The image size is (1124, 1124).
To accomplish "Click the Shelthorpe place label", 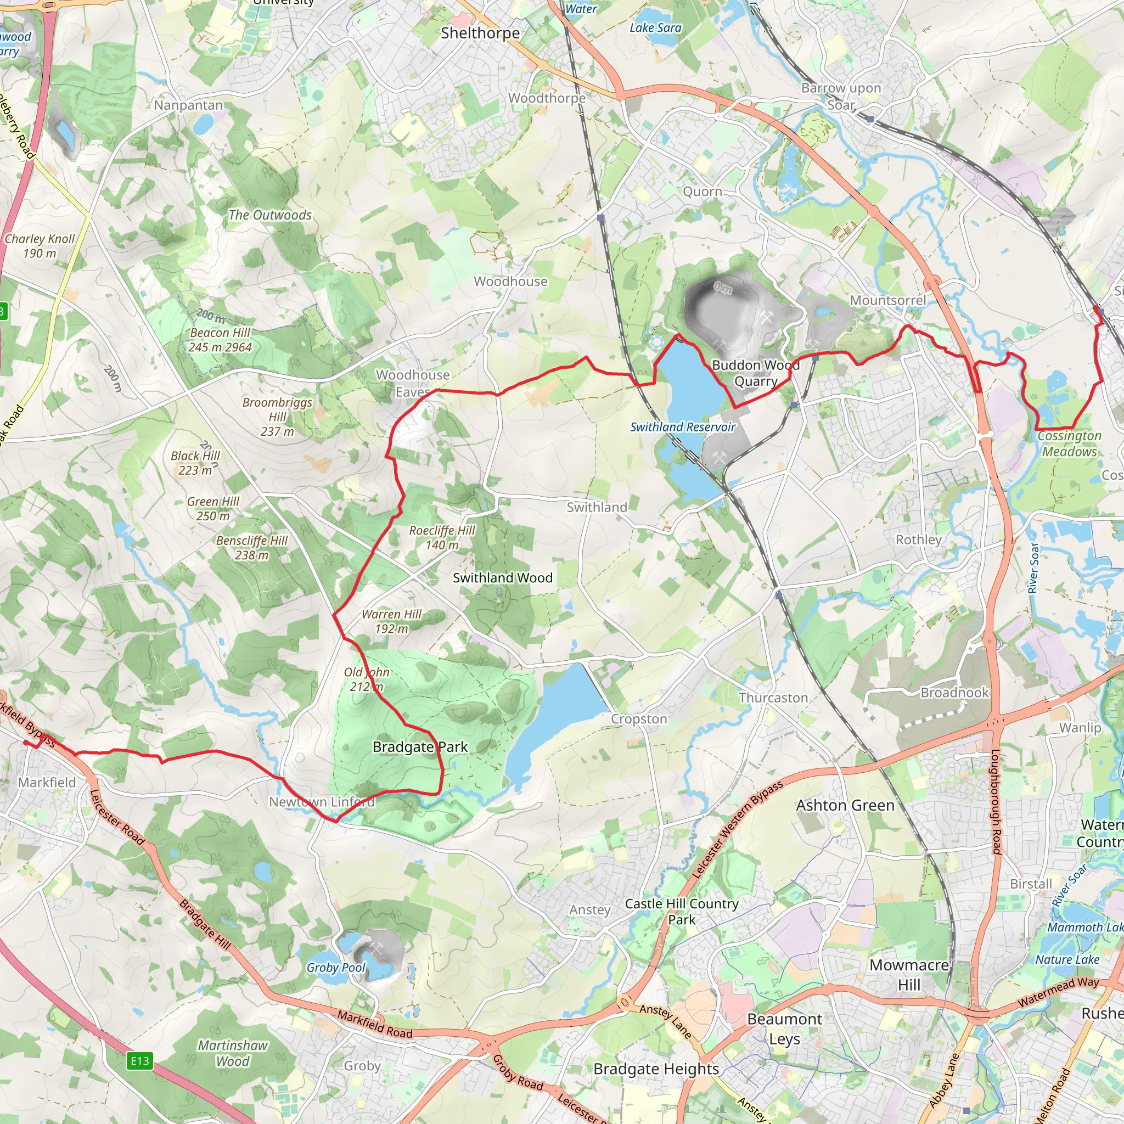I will [480, 33].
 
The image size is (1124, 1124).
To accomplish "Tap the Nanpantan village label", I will [188, 105].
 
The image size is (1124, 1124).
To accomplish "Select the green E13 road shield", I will [139, 1060].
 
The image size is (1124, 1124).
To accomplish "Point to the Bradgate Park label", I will [420, 746].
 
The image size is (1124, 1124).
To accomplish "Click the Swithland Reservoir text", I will [683, 427].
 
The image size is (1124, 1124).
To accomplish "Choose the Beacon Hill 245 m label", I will [220, 340].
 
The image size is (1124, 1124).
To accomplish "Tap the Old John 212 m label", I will [367, 679].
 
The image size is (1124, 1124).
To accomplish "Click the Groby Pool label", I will [336, 968].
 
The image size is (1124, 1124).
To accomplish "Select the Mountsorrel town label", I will [888, 300].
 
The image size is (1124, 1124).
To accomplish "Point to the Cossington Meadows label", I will [1069, 443].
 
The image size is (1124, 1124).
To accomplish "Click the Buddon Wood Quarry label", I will [756, 373].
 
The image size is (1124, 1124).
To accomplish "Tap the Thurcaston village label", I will [773, 698].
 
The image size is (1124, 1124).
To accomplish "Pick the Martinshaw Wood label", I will [233, 1053].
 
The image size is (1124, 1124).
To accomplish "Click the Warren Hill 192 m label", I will [391, 621].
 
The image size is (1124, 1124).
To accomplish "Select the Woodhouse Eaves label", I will [413, 383].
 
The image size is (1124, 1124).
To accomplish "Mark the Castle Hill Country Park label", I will [682, 912].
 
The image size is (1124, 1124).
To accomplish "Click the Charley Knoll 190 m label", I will [40, 245].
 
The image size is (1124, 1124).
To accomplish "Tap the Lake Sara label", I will [655, 27].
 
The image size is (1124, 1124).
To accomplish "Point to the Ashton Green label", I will [845, 805].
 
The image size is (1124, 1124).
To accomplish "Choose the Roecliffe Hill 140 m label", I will [442, 537].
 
